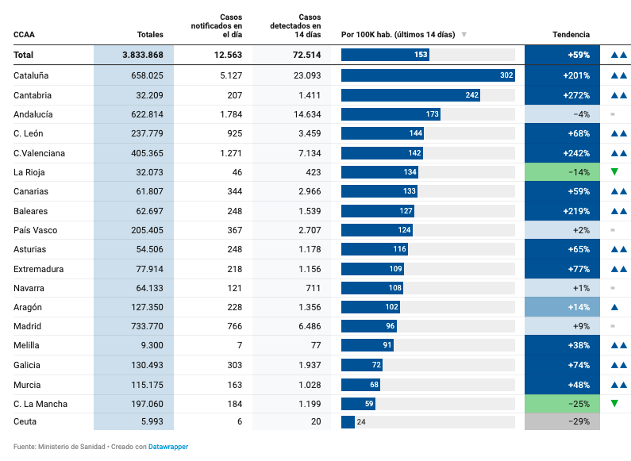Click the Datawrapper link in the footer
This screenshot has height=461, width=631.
tap(167, 447)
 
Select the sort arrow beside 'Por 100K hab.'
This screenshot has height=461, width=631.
tap(464, 35)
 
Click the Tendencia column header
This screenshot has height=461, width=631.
tap(571, 35)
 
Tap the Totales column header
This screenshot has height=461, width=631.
tap(150, 35)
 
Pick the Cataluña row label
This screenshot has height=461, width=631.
tap(31, 75)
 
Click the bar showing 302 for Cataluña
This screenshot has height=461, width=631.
tap(428, 75)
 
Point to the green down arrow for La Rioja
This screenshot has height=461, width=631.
tap(614, 172)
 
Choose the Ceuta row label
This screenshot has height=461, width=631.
tap(25, 422)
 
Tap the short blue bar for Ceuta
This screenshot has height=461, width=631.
tap(348, 422)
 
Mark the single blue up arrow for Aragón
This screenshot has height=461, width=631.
tap(614, 307)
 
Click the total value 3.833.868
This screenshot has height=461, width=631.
tap(143, 55)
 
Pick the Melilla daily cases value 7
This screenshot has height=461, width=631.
tap(239, 345)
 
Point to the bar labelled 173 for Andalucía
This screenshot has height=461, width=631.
tap(391, 114)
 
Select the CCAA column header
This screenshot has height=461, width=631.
tap(24, 35)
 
